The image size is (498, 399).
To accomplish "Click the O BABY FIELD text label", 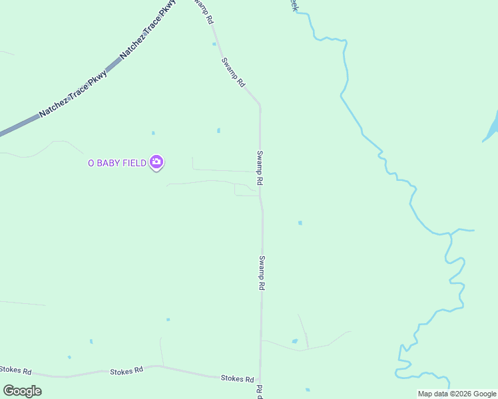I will (x=117, y=163).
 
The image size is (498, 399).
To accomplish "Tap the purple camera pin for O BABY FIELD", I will (x=156, y=162).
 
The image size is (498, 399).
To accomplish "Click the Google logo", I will (x=22, y=390).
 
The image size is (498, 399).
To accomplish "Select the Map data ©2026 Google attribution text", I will (x=457, y=394).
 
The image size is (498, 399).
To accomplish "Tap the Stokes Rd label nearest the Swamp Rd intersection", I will (x=237, y=378).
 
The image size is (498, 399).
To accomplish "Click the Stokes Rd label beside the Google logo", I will (x=15, y=369).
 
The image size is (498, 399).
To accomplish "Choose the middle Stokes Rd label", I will (x=126, y=370).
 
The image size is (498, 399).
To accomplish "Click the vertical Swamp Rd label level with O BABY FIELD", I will (x=260, y=168).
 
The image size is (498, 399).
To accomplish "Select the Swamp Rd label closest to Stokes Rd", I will (x=262, y=273).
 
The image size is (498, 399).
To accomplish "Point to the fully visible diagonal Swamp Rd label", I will (x=234, y=72).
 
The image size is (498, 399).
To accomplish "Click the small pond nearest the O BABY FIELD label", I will (x=153, y=133).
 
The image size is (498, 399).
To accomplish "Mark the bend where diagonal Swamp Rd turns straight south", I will (x=260, y=106).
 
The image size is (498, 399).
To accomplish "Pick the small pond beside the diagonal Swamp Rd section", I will (x=214, y=45).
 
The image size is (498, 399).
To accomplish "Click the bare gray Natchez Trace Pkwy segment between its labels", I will (x=113, y=65).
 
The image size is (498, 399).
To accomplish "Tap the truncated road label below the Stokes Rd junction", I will (x=260, y=391).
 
